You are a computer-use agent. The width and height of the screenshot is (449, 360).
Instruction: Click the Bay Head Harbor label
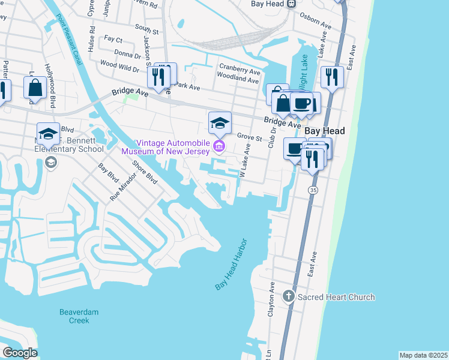[x=232, y=267]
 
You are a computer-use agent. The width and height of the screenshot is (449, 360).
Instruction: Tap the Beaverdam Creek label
[x=74, y=316]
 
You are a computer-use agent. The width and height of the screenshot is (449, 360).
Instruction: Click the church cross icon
[x=289, y=296]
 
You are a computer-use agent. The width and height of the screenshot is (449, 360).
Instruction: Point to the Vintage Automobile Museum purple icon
[x=219, y=146]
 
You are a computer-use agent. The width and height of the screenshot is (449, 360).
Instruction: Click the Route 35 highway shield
[x=313, y=190]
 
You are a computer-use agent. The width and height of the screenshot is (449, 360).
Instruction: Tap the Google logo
[x=20, y=353]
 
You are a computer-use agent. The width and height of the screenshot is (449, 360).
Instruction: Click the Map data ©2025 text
[x=423, y=355]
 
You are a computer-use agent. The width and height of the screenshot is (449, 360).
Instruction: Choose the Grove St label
[x=250, y=138]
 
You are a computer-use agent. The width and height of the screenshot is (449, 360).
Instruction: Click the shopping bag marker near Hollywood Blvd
[x=35, y=88]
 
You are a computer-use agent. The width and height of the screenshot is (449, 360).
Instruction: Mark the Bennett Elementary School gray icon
[x=51, y=161]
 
